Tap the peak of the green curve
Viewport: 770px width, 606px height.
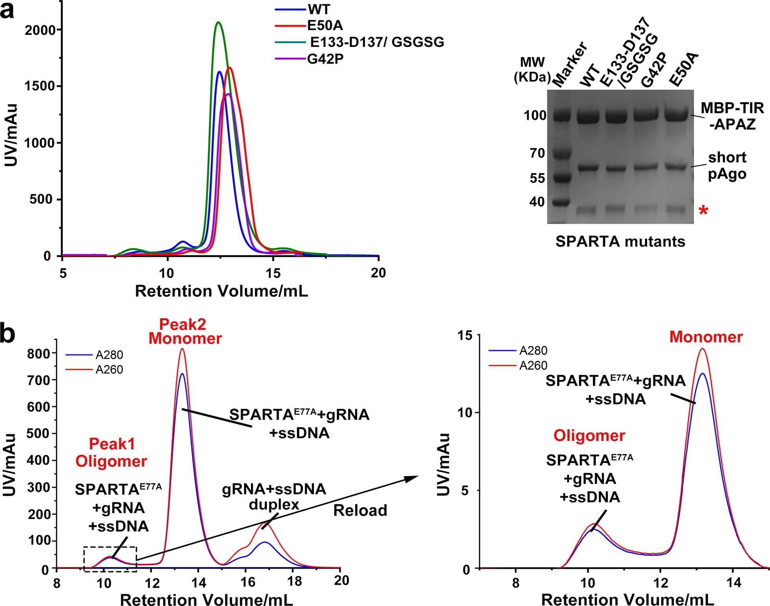pos(219,22)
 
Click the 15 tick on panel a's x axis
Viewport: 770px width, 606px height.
pos(273,273)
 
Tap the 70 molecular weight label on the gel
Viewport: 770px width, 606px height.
pos(537,153)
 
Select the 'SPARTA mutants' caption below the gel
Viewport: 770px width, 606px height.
pos(620,241)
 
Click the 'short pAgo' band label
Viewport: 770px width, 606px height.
pos(727,166)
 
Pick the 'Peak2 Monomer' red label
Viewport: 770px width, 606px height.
pos(185,331)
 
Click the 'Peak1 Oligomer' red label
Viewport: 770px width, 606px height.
pos(112,452)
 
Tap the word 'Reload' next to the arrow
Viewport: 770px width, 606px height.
pos(360,510)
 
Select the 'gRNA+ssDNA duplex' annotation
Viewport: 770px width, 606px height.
pos(274,496)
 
